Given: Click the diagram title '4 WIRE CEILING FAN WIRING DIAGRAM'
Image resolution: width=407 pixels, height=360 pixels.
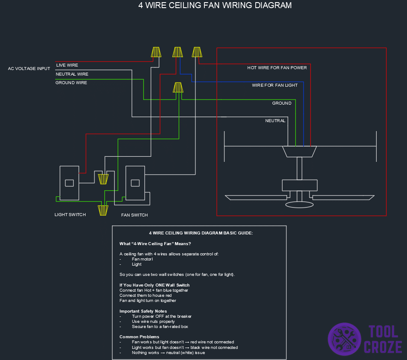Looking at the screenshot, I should click(x=215, y=6).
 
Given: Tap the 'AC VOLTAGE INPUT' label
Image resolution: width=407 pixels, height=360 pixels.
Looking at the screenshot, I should click(x=29, y=69).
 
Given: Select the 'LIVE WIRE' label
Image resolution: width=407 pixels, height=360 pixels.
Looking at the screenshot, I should click(x=67, y=65).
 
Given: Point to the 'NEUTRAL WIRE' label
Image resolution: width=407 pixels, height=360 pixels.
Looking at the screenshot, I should click(x=72, y=74).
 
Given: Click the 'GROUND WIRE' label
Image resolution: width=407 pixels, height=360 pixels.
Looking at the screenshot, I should click(x=71, y=83).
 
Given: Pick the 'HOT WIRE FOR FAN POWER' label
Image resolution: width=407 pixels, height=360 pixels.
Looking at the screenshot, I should click(x=277, y=68).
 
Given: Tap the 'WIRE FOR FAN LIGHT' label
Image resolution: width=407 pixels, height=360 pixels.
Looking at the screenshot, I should click(x=274, y=85).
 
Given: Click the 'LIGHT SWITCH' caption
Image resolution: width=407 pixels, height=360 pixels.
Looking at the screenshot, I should click(x=70, y=215).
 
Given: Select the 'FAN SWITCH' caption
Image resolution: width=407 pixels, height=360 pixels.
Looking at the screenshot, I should click(x=134, y=215).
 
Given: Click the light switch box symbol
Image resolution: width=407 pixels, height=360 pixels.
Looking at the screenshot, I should click(x=69, y=183).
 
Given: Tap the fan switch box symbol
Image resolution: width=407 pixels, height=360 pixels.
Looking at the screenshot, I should click(x=135, y=183).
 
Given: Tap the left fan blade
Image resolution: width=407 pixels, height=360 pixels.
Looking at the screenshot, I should click(x=256, y=197).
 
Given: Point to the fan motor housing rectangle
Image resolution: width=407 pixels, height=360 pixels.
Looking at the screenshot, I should click(x=299, y=185).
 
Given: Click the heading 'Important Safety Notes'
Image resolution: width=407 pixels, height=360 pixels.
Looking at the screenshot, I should click(x=143, y=311).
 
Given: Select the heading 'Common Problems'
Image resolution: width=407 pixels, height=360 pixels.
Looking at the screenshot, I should click(x=139, y=337).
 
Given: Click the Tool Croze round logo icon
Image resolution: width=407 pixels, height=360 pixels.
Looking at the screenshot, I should click(x=344, y=339).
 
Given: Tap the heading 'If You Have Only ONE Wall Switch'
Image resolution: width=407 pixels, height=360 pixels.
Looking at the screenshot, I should click(x=154, y=285).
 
